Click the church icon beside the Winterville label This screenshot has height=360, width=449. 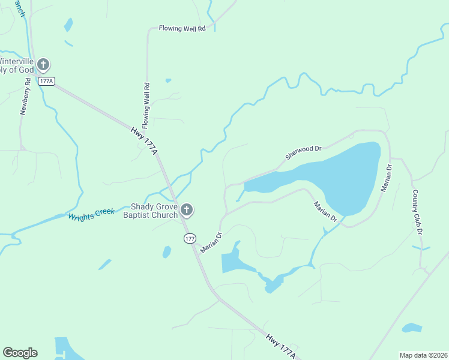43,64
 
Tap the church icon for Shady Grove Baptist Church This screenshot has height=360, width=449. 187,210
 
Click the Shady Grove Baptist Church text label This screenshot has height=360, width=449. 151,211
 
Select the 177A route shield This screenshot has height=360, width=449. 46,81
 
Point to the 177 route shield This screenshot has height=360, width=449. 190,239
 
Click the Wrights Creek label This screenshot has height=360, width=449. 91,214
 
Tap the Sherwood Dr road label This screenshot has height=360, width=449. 304,151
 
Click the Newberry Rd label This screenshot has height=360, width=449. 25,100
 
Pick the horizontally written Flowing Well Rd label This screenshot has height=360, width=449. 182,28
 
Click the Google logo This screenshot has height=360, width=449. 20,353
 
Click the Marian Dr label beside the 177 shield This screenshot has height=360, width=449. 211,242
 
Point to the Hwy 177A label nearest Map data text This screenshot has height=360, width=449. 280,347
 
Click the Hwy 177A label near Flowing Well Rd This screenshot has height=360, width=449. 144,139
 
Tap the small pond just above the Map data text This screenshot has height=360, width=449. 412,328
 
